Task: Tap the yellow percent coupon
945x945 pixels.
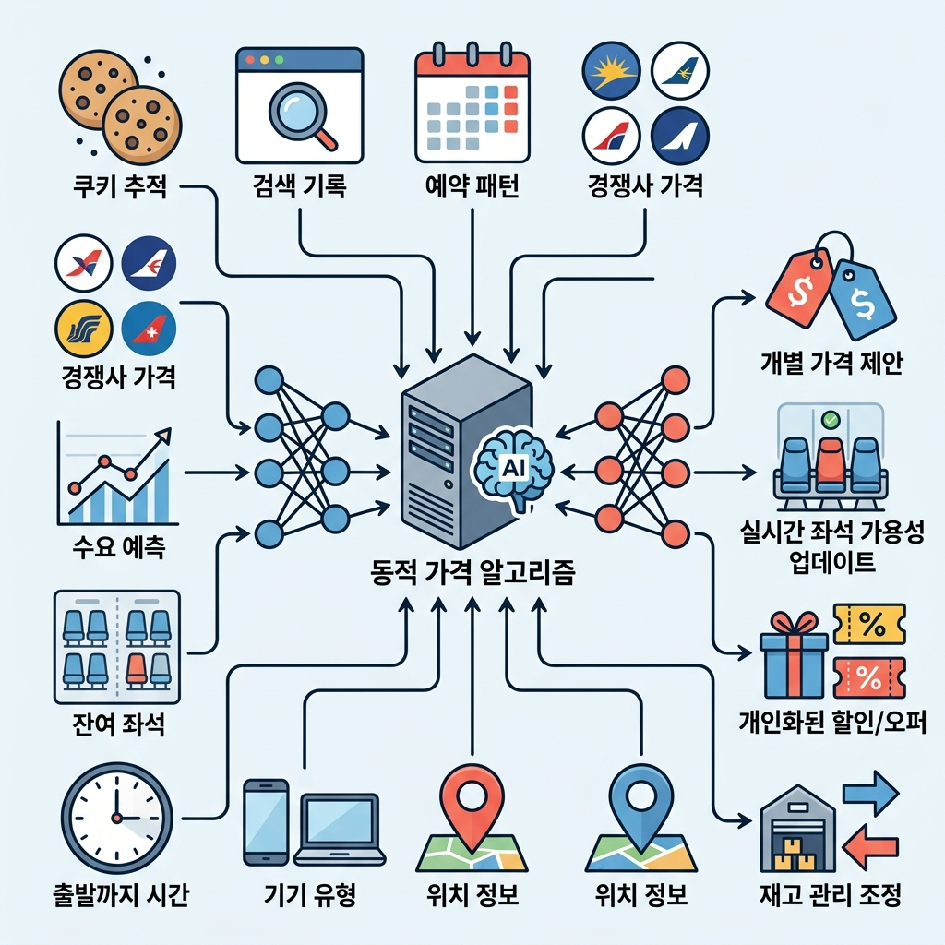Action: [x=868, y=625]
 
